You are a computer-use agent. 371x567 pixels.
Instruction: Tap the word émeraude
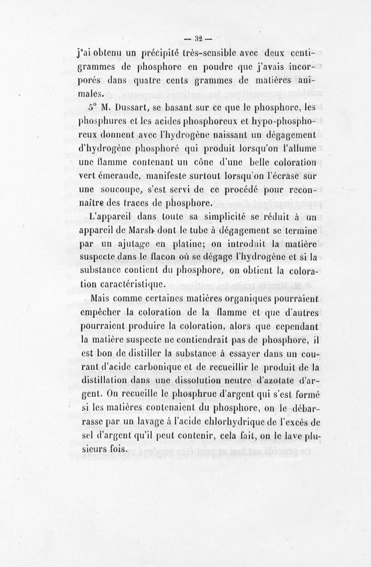114,176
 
